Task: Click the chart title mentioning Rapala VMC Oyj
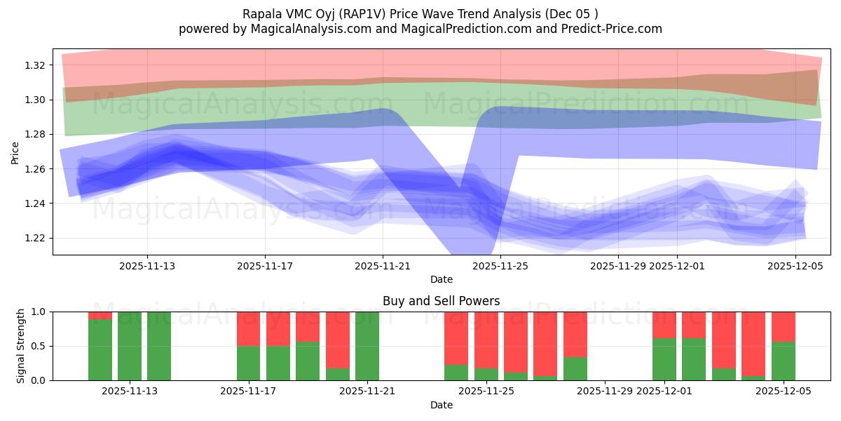[x=420, y=14]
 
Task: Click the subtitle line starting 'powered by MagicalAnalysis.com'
[x=420, y=29]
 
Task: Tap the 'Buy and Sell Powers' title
[x=441, y=301]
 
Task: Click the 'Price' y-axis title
[x=15, y=152]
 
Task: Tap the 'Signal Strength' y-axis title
[x=21, y=346]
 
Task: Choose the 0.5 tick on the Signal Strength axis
[x=39, y=346]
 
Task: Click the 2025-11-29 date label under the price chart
[x=617, y=266]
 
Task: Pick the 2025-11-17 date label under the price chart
[x=264, y=266]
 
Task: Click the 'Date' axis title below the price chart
[x=441, y=279]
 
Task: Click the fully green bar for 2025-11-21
[x=367, y=346]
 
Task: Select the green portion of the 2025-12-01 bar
[x=664, y=359]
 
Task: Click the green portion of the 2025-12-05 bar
[x=783, y=361]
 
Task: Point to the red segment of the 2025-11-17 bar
[x=249, y=328]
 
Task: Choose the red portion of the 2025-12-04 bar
[x=753, y=344]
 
